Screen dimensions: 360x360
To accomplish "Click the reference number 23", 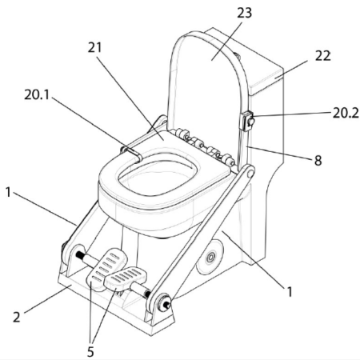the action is (x=244, y=13).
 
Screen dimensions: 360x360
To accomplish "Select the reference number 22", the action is (x=322, y=56).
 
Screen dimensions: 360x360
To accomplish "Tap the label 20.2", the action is (x=346, y=113).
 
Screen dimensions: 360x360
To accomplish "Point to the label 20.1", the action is (x=37, y=94).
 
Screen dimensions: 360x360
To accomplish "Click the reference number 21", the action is (x=95, y=47).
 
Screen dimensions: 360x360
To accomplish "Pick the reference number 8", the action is (x=318, y=161).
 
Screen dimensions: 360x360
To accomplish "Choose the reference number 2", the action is (x=17, y=317).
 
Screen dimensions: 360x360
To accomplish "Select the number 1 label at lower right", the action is (x=290, y=291).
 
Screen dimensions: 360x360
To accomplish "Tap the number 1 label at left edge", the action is (x=8, y=192).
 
